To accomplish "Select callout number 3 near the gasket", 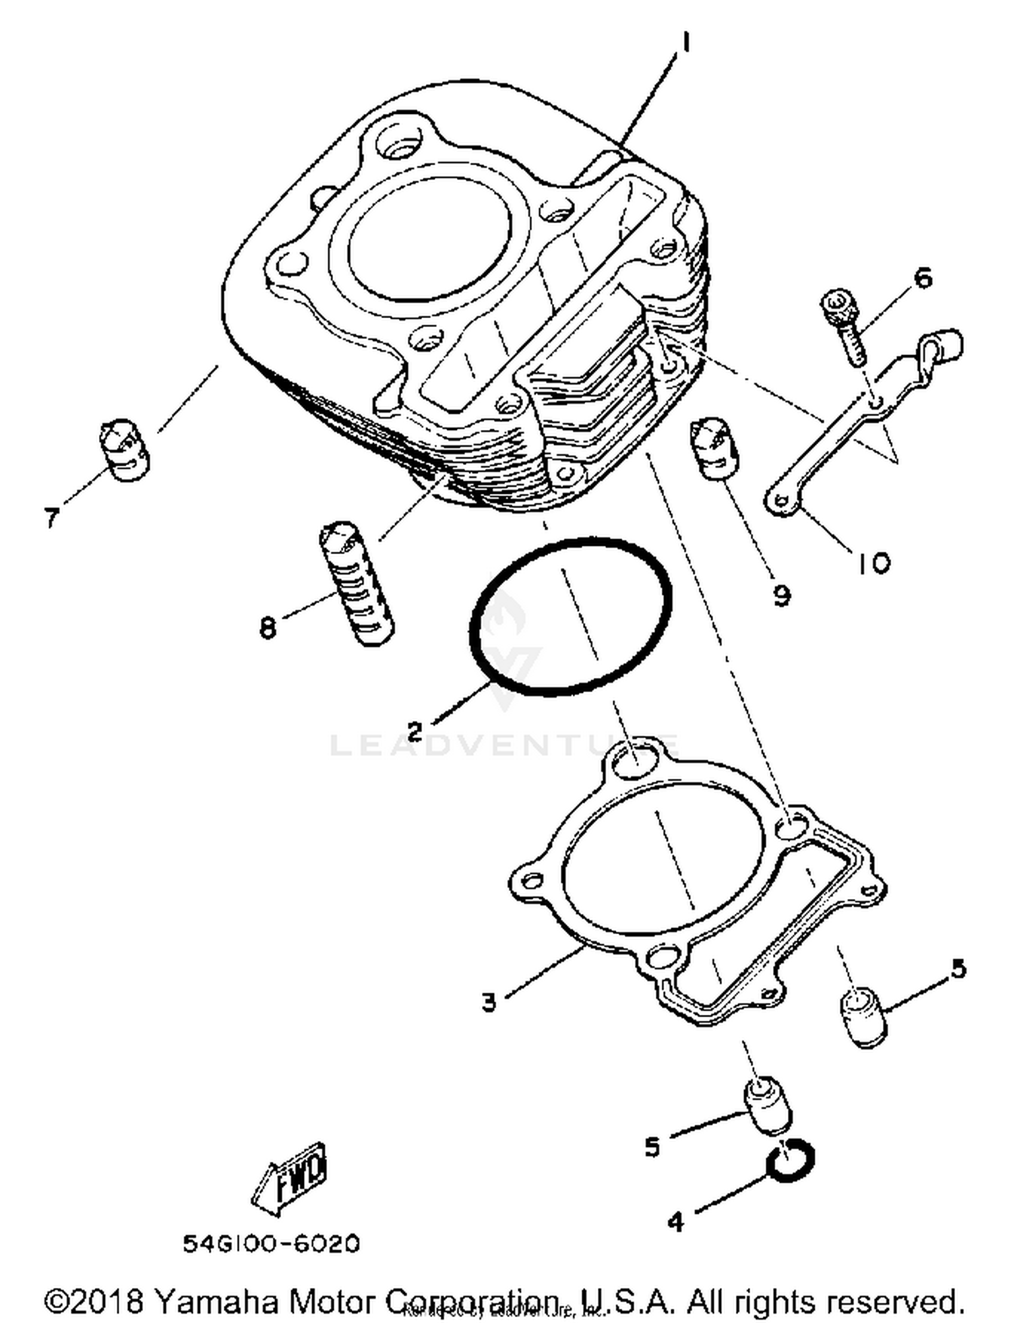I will [x=489, y=1001].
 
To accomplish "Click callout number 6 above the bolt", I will [x=921, y=277].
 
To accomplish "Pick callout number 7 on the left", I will [x=52, y=518].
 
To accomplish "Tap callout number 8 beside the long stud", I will [x=268, y=628].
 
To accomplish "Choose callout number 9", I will [x=781, y=594].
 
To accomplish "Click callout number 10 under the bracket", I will [x=873, y=563].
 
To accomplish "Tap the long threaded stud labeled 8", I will [x=356, y=583].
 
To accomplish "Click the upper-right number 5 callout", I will [x=958, y=968].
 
